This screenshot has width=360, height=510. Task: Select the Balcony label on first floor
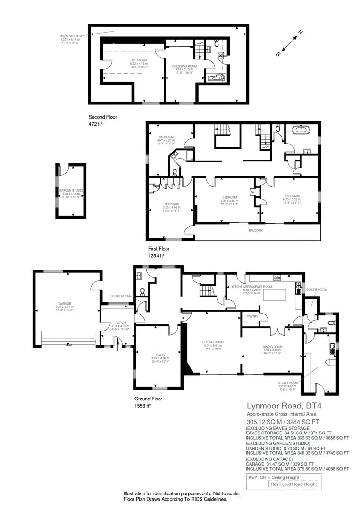click(256, 230)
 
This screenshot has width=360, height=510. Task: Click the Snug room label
click(158, 355)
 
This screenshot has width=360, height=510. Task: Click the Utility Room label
click(287, 382)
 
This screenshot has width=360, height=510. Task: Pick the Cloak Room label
click(120, 296)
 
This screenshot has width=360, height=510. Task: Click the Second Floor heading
click(102, 117)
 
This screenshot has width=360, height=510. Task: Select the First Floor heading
click(159, 248)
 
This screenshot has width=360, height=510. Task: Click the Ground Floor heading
click(149, 399)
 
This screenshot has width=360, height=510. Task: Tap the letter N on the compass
click(300, 32)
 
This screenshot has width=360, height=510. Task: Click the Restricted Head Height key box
click(293, 484)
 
